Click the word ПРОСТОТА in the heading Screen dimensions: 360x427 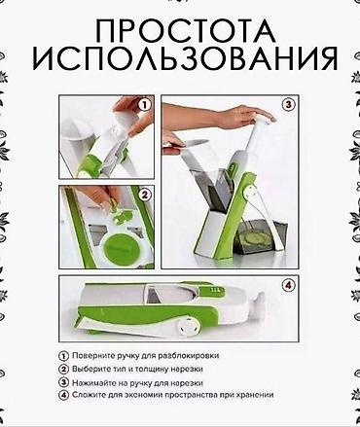(x=186, y=31)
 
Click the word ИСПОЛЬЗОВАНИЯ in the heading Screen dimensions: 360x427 (x=186, y=60)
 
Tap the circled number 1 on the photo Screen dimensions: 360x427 (x=145, y=105)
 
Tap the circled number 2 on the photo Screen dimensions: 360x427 (x=145, y=195)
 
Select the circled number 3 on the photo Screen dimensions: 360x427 (x=289, y=105)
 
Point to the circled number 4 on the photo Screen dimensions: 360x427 (x=289, y=285)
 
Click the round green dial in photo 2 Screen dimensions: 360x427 (x=119, y=249)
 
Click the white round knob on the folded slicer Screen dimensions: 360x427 (x=187, y=324)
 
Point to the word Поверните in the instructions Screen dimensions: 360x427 (x=89, y=355)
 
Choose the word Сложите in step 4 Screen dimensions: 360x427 (x=86, y=395)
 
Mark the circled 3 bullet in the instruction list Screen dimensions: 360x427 (x=64, y=383)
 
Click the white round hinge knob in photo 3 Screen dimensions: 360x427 (x=250, y=193)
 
